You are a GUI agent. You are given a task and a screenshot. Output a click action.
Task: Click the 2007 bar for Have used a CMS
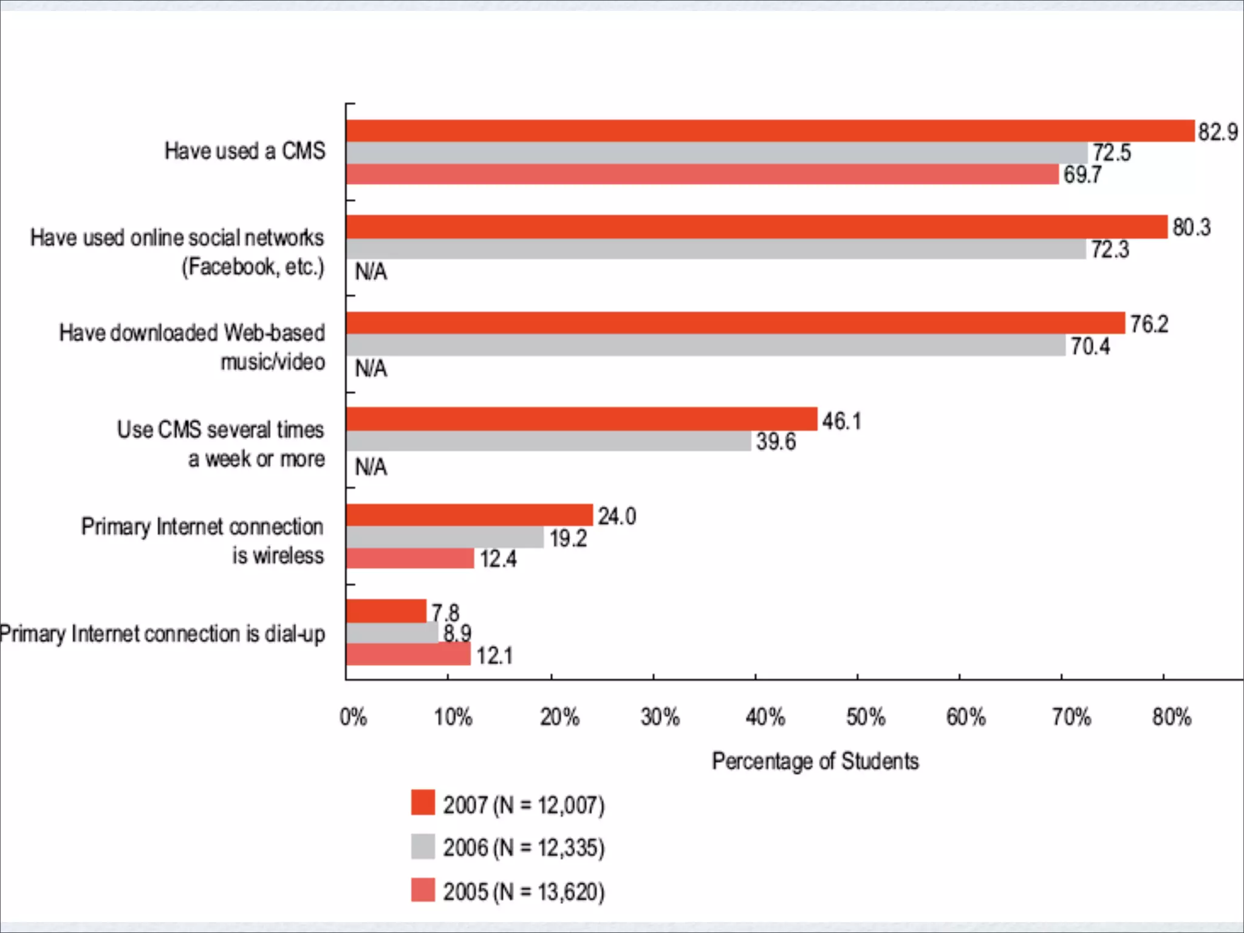[x=770, y=131]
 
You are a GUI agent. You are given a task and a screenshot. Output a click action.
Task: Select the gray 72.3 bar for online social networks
[x=716, y=249]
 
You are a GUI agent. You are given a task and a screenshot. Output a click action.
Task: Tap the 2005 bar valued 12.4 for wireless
[x=410, y=558]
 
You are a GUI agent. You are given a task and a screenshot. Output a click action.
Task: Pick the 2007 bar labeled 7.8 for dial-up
[x=386, y=611]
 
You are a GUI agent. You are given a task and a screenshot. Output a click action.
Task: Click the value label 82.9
[x=1217, y=132]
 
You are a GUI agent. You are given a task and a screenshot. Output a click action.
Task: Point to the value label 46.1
[x=841, y=421]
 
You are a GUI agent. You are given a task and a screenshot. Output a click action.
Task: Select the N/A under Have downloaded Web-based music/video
[x=371, y=369]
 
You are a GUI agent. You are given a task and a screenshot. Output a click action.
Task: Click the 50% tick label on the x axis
[x=866, y=717]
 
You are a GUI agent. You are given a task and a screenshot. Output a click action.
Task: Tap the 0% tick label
[x=353, y=717]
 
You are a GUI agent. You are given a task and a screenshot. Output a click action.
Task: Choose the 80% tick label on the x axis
[x=1172, y=717]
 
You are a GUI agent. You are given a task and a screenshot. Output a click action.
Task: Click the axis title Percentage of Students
[x=815, y=761]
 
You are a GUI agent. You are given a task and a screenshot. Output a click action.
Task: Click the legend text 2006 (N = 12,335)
[x=524, y=848]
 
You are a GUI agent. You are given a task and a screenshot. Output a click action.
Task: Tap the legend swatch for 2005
[x=423, y=890]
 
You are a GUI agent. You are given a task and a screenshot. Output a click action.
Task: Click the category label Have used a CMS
[x=245, y=151]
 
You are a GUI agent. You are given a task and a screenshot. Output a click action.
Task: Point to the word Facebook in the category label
[x=231, y=267]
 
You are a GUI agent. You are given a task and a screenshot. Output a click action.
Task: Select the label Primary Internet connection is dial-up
[x=162, y=634]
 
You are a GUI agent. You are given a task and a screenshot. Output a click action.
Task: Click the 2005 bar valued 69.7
[x=702, y=174]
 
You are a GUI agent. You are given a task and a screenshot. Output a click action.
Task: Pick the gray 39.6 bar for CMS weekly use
[x=549, y=441]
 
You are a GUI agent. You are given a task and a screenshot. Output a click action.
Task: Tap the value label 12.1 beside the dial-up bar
[x=494, y=656]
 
